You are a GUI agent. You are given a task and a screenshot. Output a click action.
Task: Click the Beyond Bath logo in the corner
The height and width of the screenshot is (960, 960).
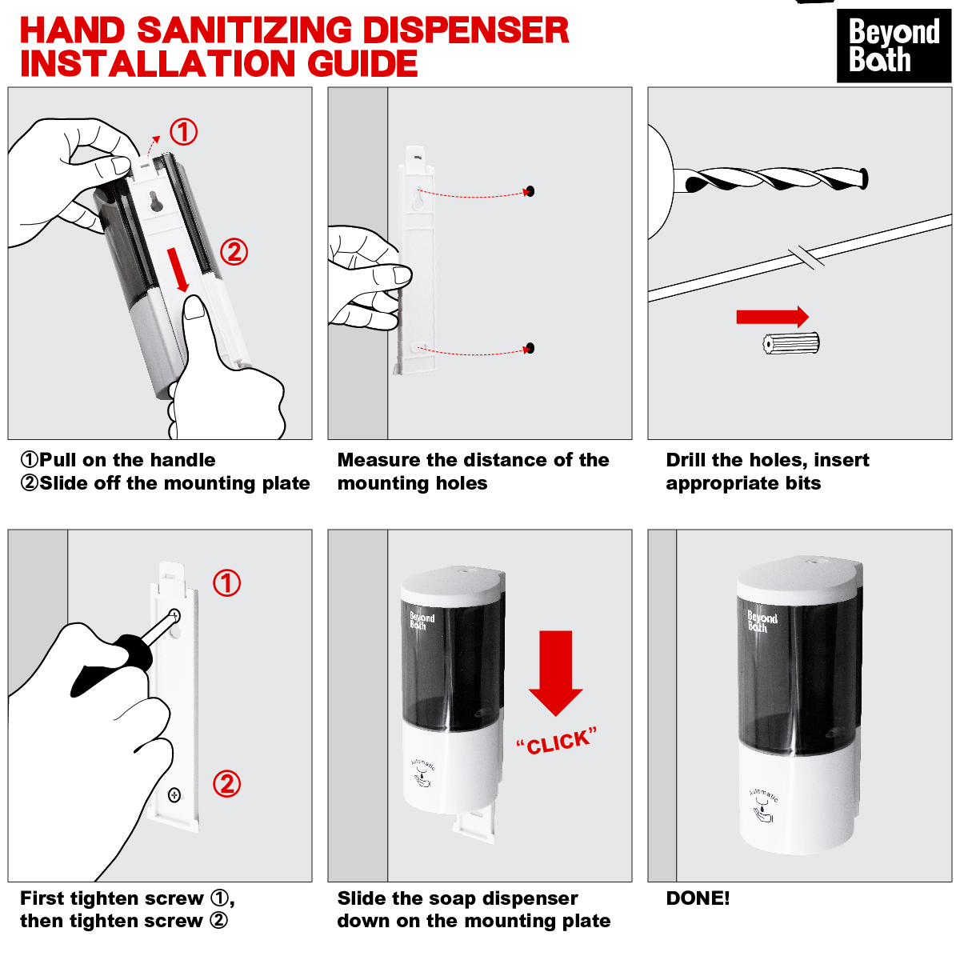click(894, 46)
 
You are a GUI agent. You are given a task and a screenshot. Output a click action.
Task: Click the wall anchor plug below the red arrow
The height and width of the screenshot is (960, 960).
click(791, 343)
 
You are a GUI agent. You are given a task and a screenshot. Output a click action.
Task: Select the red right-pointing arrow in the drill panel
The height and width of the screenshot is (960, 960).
click(773, 317)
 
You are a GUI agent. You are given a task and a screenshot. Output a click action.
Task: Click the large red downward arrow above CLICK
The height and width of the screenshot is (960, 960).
click(555, 673)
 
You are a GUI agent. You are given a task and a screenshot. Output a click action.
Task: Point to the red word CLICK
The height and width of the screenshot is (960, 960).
click(557, 742)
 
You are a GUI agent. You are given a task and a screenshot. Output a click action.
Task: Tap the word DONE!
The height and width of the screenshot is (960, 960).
click(698, 898)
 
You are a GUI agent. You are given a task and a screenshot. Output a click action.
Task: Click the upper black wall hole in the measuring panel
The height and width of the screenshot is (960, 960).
click(530, 191)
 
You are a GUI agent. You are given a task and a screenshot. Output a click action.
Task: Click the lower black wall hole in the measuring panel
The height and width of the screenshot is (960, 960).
click(530, 348)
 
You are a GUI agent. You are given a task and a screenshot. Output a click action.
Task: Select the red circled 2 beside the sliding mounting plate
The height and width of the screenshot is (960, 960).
click(234, 252)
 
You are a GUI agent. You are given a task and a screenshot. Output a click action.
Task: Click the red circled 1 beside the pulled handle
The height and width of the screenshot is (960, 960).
click(183, 132)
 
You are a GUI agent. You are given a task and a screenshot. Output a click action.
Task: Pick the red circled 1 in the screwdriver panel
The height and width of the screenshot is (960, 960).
click(226, 583)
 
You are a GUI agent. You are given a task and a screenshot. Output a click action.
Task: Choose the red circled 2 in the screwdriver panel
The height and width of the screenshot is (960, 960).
click(226, 784)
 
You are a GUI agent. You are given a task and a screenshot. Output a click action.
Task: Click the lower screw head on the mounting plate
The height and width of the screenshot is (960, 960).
click(174, 794)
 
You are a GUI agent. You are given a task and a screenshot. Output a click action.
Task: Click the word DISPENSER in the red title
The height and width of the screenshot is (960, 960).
click(466, 30)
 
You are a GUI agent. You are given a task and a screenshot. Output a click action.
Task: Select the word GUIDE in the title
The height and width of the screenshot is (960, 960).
click(362, 64)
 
